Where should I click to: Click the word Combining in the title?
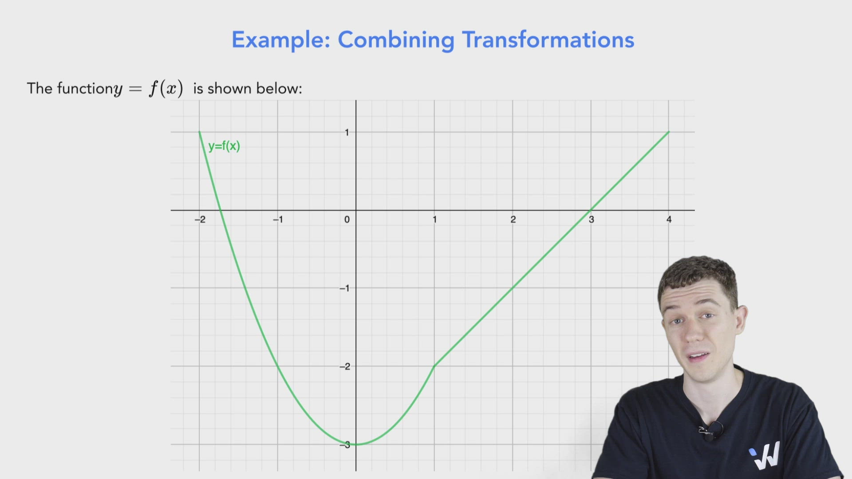pos(396,40)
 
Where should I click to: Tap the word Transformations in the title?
pos(548,40)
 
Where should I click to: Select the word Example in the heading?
pos(281,40)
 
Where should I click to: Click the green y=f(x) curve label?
pos(224,146)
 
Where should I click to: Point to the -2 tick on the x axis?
pos(200,219)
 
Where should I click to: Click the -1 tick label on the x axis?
pos(278,219)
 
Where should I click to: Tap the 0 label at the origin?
pos(347,219)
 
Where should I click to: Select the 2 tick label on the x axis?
pos(513,219)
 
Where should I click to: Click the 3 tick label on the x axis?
pos(591,219)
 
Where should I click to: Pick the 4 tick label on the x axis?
pos(669,219)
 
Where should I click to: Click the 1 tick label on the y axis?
pos(347,132)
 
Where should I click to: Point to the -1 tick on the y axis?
pos(345,288)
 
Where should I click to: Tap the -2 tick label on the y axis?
pos(345,366)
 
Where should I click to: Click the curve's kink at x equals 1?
pos(434,366)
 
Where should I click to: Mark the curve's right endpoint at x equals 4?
pos(669,132)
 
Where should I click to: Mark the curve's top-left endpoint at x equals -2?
pos(199,132)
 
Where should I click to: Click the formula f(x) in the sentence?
pos(166,88)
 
